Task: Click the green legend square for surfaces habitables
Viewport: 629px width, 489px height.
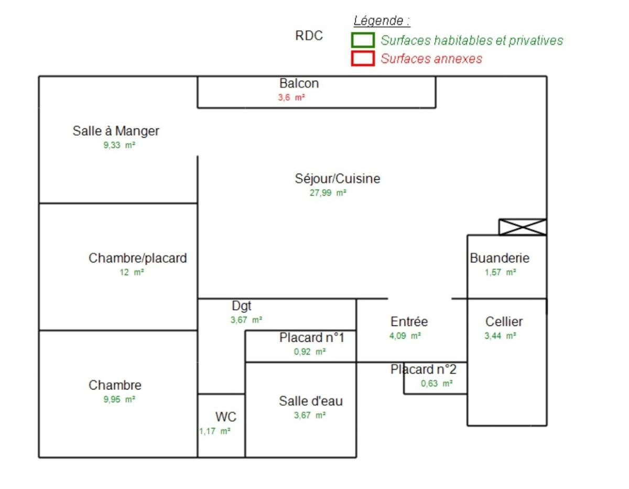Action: coord(363,40)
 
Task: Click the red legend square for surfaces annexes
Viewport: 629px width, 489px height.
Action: coord(363,58)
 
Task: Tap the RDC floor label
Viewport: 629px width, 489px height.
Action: coord(309,36)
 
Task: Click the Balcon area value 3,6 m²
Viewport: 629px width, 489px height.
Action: coord(291,97)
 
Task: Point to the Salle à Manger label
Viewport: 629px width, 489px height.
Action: coord(116,131)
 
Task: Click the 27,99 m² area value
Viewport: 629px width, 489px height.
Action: coord(328,193)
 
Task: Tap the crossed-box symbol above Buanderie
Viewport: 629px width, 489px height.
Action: coord(523,227)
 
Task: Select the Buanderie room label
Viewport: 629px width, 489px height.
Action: coord(500,258)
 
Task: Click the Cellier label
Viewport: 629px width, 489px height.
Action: coord(504,322)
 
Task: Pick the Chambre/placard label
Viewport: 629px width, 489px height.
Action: coord(138,258)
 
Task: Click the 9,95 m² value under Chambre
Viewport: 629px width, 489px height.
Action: coord(120,399)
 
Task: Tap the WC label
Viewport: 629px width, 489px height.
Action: coord(226,417)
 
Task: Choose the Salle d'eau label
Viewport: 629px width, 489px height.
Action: coord(311,401)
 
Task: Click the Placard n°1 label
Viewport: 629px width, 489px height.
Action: coord(311,338)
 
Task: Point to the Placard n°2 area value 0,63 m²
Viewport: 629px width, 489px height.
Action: coord(437,384)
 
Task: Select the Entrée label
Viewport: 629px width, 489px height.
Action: coord(409,322)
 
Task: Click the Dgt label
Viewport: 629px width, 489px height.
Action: coord(242,306)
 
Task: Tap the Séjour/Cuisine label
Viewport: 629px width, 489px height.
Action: coord(338,179)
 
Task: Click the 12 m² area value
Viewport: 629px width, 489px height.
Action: coord(132,273)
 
